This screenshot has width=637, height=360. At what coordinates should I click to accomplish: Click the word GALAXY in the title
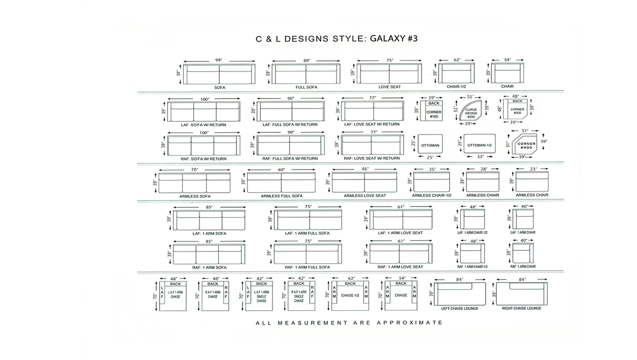click(x=387, y=39)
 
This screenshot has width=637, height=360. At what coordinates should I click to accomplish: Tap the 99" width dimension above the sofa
click(x=219, y=60)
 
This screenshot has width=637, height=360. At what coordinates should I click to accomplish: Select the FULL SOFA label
click(x=306, y=88)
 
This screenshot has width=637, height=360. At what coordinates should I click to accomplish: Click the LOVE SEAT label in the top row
click(x=389, y=87)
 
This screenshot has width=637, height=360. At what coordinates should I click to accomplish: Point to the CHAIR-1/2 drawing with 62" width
click(x=456, y=73)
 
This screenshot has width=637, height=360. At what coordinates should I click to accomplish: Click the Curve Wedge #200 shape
click(x=470, y=110)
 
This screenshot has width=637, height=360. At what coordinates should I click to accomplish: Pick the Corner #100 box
click(x=434, y=111)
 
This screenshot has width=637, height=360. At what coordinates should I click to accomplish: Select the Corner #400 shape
click(x=525, y=144)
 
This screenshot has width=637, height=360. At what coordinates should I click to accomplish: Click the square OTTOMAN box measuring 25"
click(x=430, y=144)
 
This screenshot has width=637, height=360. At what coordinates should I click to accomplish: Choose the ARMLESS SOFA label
click(x=195, y=196)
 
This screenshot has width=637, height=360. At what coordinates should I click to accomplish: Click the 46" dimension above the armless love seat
click(x=365, y=169)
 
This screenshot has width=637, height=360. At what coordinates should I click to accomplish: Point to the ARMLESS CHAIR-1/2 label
click(x=431, y=196)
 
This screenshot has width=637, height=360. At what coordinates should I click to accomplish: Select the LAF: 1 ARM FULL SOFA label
click(x=307, y=233)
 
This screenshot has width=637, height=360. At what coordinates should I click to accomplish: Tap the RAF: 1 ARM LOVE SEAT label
click(x=400, y=267)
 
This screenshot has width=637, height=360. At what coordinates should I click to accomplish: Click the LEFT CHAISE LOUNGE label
click(x=460, y=309)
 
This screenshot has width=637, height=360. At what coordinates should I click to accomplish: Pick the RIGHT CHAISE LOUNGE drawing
click(x=522, y=294)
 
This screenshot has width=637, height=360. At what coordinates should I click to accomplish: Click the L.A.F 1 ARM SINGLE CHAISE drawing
click(x=259, y=296)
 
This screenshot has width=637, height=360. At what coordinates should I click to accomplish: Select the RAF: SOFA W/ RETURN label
click(x=203, y=159)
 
